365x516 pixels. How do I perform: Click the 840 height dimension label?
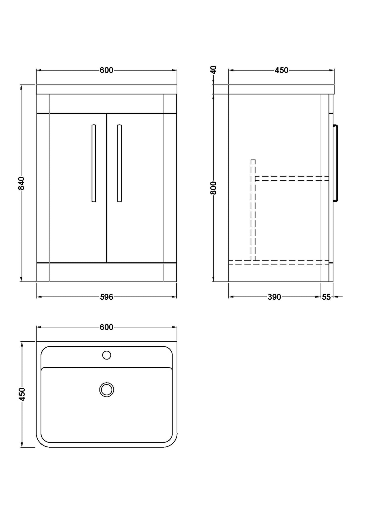[21, 183]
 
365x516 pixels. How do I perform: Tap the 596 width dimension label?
[106, 297]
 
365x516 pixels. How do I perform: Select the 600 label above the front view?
[106, 70]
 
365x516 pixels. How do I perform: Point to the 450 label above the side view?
[282, 70]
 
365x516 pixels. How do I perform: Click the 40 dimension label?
[214, 69]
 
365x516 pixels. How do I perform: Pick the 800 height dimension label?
[214, 188]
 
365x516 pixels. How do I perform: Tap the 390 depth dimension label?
[274, 297]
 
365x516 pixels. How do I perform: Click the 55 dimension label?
[326, 297]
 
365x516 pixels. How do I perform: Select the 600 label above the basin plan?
[106, 327]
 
